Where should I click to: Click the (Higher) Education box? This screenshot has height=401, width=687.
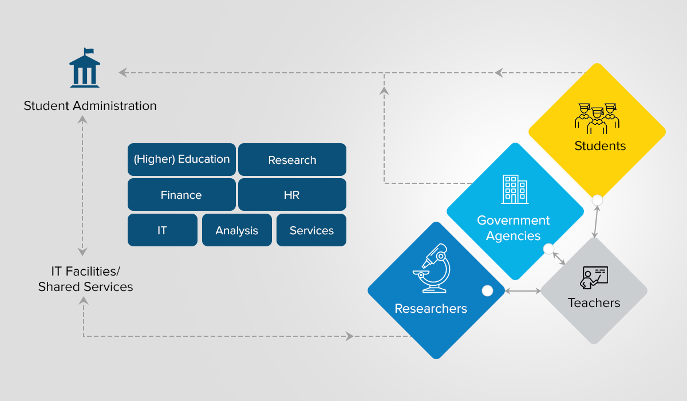[181, 160]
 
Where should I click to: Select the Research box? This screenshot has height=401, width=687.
[293, 160]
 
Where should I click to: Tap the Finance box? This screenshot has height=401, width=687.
[181, 195]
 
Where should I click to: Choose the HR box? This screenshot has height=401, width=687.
[293, 195]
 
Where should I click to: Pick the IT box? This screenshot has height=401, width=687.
[163, 230]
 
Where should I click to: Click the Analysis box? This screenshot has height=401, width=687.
[237, 230]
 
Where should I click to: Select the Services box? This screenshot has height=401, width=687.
[311, 230]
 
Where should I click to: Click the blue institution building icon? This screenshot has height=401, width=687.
[85, 68]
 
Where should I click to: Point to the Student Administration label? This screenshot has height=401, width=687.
[90, 106]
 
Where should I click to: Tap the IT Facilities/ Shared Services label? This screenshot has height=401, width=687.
[85, 279]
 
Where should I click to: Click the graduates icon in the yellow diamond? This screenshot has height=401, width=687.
[597, 119]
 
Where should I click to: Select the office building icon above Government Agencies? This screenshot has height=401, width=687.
[515, 189]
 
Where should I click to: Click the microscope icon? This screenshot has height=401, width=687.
[432, 268]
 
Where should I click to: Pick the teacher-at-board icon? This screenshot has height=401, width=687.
[594, 278]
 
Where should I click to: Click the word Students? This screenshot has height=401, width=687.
[600, 146]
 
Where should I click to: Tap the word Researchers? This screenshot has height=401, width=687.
[431, 309]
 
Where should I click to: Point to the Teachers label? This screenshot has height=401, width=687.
[594, 303]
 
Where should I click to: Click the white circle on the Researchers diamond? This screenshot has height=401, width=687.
[487, 290]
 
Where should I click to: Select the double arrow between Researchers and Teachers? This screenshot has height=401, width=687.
[523, 291]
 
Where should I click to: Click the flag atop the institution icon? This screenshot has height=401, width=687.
[89, 50]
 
